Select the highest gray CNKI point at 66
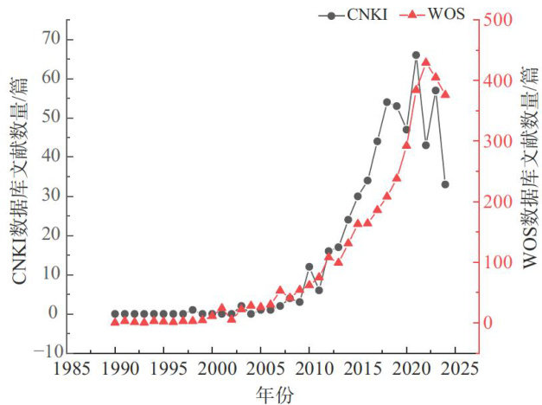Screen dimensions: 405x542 click(x=416, y=55)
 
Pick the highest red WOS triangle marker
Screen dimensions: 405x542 click(x=425, y=62)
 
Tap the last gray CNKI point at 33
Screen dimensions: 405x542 click(x=445, y=184)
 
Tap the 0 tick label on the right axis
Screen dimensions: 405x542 click(x=488, y=323)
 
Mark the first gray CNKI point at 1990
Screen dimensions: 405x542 click(x=115, y=314)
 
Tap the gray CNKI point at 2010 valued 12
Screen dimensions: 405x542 click(x=309, y=267)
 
